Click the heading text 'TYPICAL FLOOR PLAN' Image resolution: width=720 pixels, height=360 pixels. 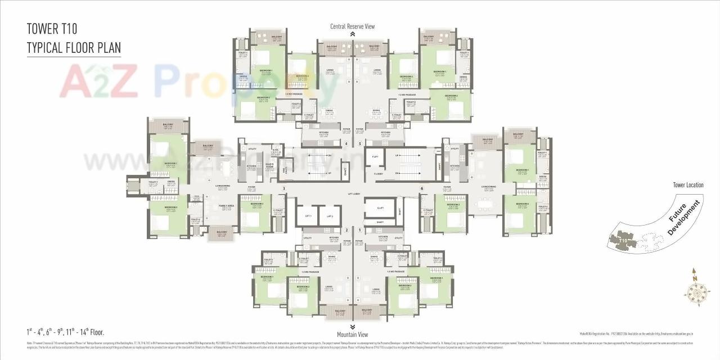(74, 47)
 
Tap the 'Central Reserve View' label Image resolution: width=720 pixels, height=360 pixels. (352, 26)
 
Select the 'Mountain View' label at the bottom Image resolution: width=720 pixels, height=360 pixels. (352, 334)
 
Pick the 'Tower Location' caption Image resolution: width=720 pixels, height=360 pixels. (688, 185)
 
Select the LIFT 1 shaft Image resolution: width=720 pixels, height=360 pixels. (307, 216)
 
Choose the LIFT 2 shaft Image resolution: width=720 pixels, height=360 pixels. (330, 216)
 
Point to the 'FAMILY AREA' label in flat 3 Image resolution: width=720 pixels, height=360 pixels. (227, 206)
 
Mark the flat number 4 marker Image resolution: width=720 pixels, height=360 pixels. (346, 143)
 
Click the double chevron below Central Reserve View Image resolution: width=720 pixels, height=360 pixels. (352, 34)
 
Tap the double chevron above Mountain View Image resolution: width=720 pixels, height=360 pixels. (352, 326)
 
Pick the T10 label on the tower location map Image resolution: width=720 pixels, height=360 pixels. (623, 240)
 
